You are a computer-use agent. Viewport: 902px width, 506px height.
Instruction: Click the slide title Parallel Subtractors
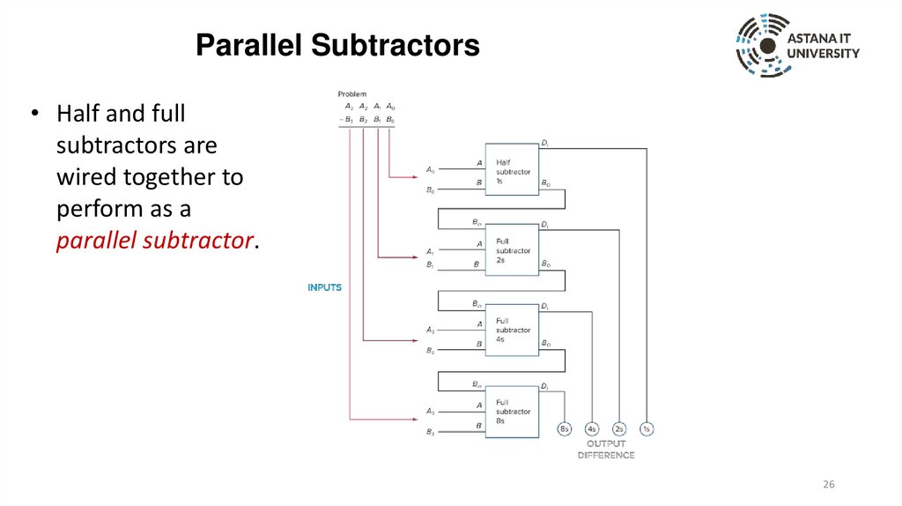click(x=337, y=45)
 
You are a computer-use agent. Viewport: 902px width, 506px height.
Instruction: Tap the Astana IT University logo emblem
click(x=762, y=46)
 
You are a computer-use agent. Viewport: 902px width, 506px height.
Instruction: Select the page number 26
click(x=828, y=485)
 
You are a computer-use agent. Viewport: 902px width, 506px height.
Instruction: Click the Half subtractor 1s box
click(x=512, y=167)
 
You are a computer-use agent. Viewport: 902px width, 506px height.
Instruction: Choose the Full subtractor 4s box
click(x=512, y=330)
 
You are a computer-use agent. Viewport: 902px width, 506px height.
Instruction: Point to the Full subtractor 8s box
click(x=512, y=411)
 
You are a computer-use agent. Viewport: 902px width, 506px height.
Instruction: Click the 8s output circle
click(x=565, y=429)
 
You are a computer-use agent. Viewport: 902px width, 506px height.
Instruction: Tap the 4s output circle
click(x=592, y=429)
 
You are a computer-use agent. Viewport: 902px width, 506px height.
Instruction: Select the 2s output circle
click(x=619, y=429)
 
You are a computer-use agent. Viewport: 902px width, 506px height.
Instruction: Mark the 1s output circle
click(x=647, y=429)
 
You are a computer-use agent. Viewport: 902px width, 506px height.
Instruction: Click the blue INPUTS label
click(x=324, y=287)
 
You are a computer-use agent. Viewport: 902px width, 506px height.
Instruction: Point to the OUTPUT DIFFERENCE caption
click(x=606, y=450)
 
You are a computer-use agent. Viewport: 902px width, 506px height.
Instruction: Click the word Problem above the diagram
click(x=351, y=93)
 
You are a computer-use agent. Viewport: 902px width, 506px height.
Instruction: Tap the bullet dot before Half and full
click(x=36, y=115)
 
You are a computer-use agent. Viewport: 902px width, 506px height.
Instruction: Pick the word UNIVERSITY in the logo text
click(x=824, y=54)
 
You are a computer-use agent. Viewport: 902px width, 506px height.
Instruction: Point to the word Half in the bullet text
click(x=76, y=115)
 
